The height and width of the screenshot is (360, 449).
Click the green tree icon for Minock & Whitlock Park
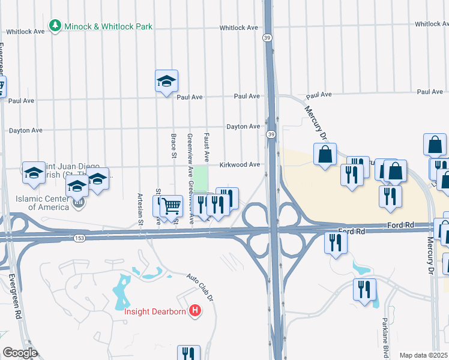55,26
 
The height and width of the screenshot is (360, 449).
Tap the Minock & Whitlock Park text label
109,26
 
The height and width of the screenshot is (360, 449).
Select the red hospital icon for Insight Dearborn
194,310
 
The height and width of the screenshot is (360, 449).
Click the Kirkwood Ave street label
240,164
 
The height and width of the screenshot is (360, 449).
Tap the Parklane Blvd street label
386,341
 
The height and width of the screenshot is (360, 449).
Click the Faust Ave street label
206,148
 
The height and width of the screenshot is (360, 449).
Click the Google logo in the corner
20,353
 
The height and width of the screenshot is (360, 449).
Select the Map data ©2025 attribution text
424,355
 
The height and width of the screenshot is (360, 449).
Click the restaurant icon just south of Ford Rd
334,242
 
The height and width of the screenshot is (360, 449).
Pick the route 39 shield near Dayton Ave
271,134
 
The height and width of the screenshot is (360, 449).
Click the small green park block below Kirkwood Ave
200,177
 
